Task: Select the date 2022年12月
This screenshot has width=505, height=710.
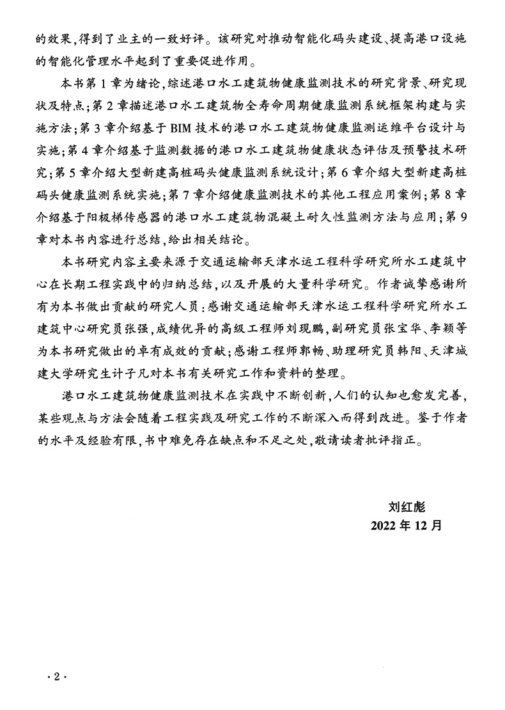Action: coord(406,526)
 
